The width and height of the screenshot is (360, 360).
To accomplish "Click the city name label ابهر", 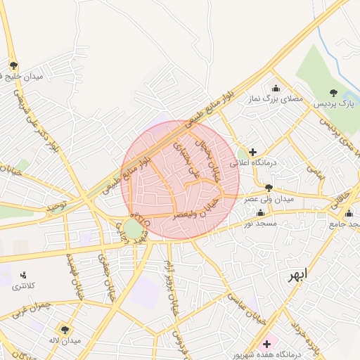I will (297, 275).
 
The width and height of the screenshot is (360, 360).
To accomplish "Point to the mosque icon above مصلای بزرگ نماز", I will (276, 89).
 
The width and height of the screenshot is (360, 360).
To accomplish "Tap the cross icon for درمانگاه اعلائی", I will (252, 151).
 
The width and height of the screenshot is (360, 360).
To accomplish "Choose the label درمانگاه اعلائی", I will (286, 162).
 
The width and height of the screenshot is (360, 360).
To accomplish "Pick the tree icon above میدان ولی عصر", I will (269, 188).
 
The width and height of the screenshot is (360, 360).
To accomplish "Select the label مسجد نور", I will (262, 224).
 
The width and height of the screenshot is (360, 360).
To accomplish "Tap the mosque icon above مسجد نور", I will (261, 212).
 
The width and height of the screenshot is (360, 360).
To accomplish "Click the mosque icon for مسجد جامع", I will (349, 213).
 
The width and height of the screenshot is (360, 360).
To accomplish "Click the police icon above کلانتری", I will (23, 275).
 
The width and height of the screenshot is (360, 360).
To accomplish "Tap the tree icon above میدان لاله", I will (65, 329).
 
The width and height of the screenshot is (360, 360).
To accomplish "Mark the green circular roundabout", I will (133, 229).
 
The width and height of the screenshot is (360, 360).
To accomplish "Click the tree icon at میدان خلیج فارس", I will (13, 65).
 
